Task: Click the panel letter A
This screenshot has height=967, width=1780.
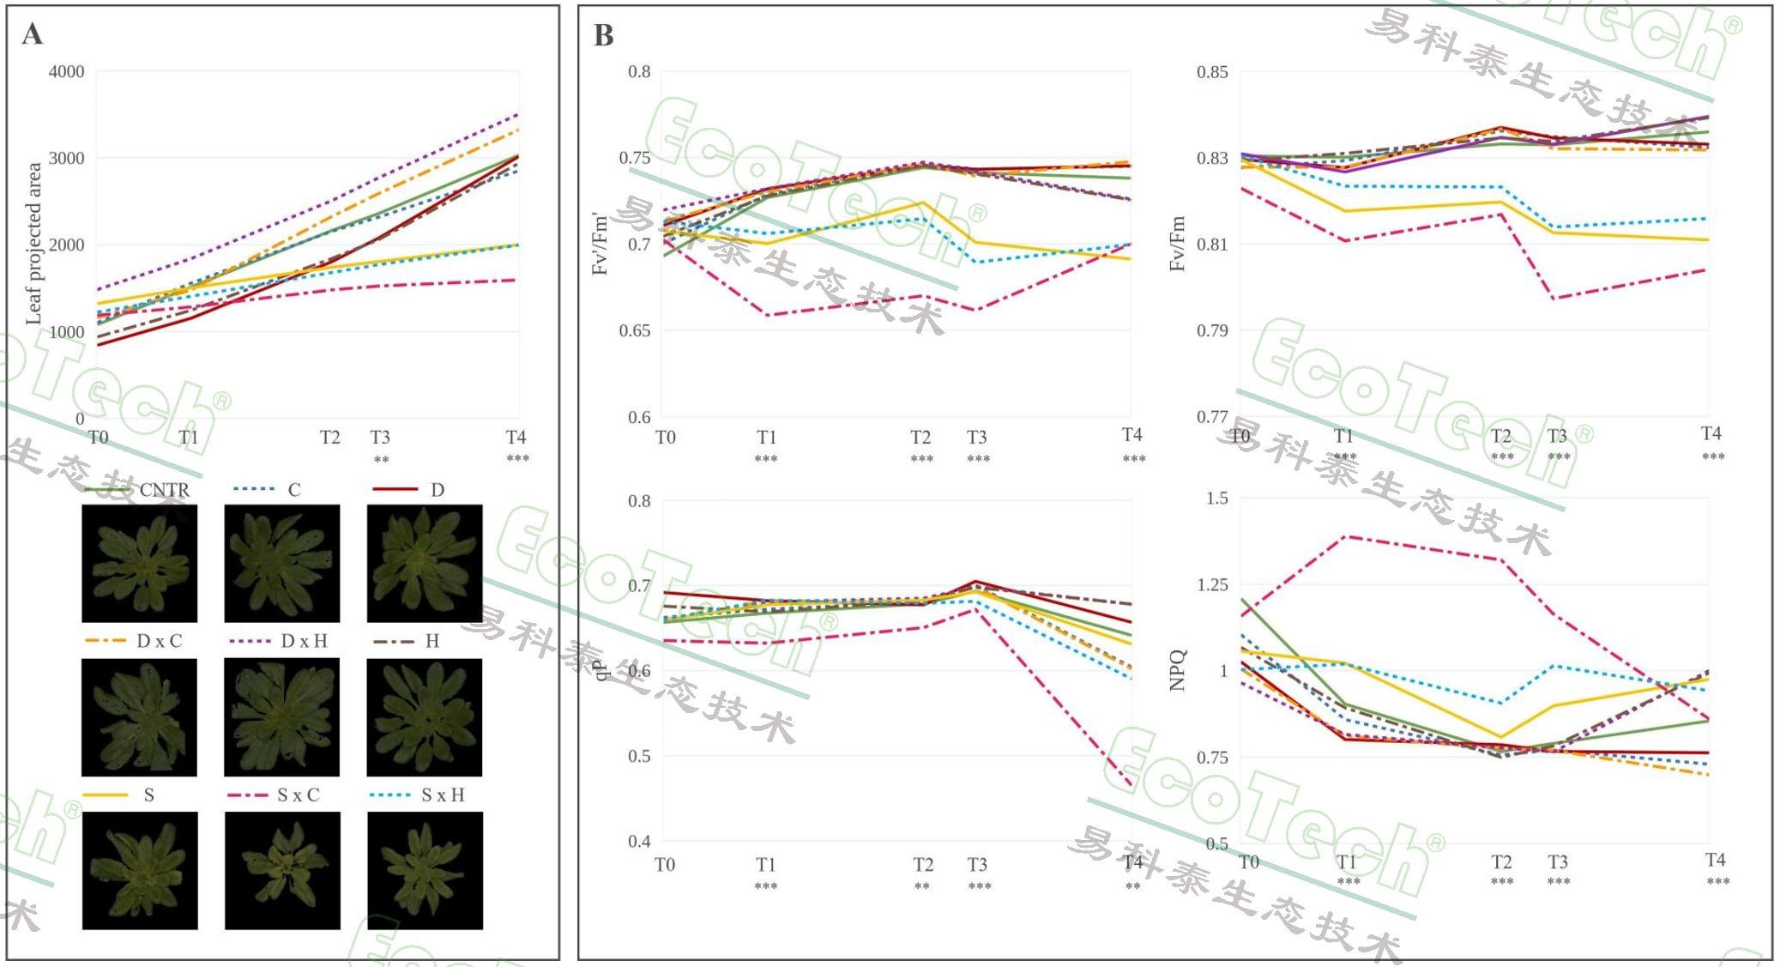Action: click(32, 33)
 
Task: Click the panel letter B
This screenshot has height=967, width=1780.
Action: click(603, 35)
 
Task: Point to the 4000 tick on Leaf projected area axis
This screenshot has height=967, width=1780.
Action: click(66, 71)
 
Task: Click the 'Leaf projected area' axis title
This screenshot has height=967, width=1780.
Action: click(33, 244)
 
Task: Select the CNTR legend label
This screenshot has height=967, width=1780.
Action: click(164, 490)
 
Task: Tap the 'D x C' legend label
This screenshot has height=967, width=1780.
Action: click(160, 641)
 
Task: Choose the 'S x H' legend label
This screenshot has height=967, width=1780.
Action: click(443, 795)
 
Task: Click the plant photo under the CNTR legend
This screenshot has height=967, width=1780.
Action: click(139, 563)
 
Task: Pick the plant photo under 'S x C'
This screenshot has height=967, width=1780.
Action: click(282, 870)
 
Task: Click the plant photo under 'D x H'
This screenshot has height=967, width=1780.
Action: click(281, 716)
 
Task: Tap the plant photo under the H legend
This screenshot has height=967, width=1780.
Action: click(424, 716)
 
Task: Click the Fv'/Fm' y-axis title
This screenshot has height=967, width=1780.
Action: click(600, 245)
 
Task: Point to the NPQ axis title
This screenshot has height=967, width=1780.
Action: click(1177, 670)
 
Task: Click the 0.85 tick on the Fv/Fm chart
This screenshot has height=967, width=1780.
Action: click(1212, 72)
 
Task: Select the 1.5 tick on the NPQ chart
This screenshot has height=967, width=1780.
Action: click(1216, 499)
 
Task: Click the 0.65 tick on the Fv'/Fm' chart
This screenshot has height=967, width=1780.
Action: click(635, 330)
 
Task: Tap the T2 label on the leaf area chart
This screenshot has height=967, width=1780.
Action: click(330, 438)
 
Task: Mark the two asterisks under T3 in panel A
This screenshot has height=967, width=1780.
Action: click(381, 460)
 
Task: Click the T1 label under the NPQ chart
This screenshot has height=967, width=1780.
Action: click(1347, 861)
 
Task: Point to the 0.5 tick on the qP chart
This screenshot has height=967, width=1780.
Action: click(639, 756)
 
